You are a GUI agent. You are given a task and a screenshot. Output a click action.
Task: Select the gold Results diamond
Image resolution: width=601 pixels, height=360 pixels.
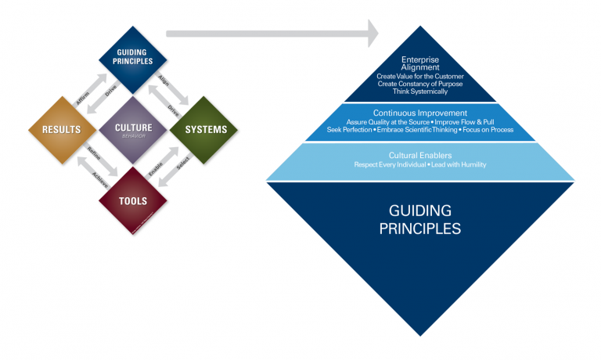click(x=57, y=128)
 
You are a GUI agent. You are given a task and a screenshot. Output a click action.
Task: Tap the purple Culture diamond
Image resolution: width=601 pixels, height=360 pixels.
click(x=133, y=128)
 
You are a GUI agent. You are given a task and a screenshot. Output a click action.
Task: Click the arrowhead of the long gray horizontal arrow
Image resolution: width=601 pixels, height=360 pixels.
click(x=368, y=34)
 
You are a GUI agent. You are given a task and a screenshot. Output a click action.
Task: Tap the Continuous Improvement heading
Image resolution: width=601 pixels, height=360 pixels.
click(x=421, y=113)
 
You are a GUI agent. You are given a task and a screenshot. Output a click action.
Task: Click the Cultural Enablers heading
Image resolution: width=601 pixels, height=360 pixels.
click(x=421, y=155)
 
